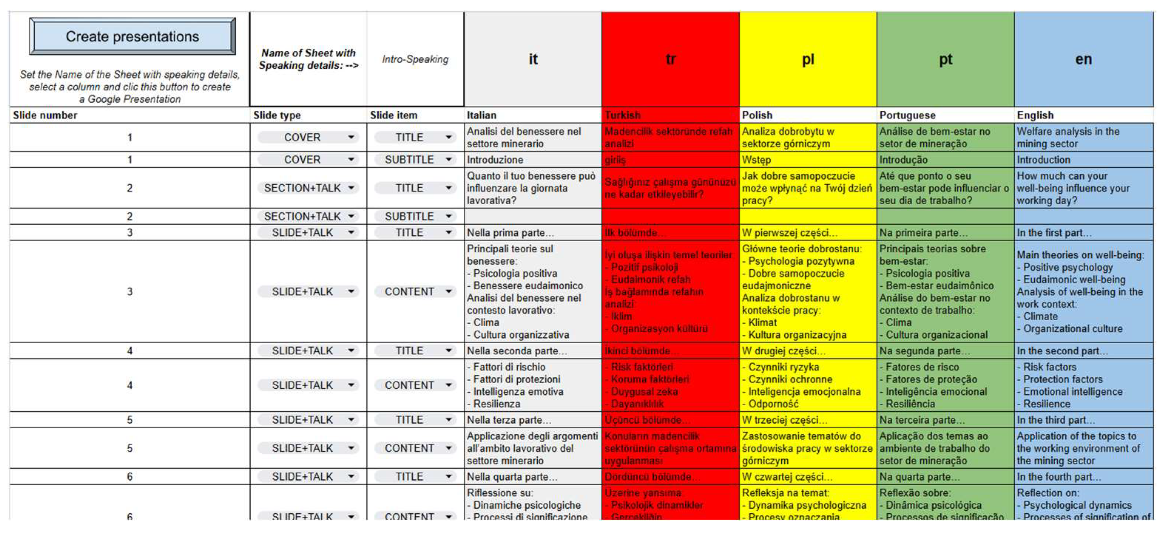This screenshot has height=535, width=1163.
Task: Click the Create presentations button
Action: point(132,37)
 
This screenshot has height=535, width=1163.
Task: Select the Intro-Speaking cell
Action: point(415,59)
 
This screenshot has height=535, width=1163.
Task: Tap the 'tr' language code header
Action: point(670,59)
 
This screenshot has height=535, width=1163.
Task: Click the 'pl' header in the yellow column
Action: point(808,59)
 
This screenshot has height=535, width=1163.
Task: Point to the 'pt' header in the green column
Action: point(946,59)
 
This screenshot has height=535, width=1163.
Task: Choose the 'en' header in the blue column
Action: point(1083,59)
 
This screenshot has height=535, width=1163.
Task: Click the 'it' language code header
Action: point(533,59)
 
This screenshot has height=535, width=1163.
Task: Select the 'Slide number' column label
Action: point(45,116)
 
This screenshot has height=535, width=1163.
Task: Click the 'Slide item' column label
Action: point(394,116)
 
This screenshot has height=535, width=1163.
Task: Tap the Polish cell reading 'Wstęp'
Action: point(757,160)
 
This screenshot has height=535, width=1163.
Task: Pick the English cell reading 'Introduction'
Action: point(1043,160)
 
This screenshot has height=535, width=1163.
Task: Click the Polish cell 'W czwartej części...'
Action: point(787,477)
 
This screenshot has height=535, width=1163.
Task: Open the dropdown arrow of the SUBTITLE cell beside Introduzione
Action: point(448,160)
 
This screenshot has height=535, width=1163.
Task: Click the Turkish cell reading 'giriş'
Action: point(615,160)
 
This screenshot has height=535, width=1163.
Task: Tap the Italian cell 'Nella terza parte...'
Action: point(509,420)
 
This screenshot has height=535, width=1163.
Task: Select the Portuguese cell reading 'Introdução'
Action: point(903,160)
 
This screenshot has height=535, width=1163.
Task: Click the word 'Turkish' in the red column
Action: point(623,116)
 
